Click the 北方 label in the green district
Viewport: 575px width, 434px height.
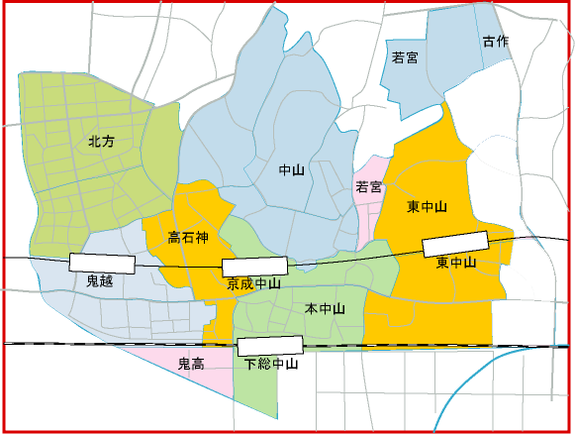pos(102,142)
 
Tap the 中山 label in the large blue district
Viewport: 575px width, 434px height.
pos(292,170)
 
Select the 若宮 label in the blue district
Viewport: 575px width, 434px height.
pos(405,57)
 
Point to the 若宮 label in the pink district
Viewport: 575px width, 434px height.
pos(369,186)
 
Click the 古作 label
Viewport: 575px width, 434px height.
pos(495,42)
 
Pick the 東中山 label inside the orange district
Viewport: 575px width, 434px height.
pos(428,207)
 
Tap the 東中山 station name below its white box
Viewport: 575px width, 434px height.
pos(456,263)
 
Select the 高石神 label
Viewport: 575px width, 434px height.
pos(188,238)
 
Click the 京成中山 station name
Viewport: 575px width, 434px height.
pos(254,283)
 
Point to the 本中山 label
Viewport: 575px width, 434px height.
pos(325,309)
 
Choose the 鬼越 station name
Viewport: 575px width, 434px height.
pos(102,280)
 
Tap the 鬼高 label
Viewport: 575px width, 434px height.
pos(190,364)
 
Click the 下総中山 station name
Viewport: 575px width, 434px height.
pos(271,364)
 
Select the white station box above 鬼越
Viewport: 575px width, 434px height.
pos(102,263)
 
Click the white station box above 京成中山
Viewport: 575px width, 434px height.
pos(254,266)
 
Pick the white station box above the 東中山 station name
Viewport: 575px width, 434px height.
pos(456,243)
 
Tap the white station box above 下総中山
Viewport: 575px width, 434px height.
pos(270,346)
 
